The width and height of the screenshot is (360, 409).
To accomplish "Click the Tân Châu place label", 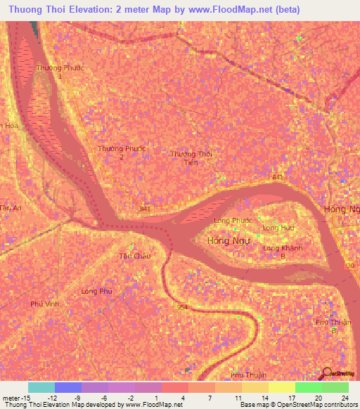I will pos(135,256).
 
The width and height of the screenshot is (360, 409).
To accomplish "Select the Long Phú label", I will pos(96,291).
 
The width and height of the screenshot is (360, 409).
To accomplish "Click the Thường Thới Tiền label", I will pos(191,158).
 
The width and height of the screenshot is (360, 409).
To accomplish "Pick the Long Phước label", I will pos(233,221).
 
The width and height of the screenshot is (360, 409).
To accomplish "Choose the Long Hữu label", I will pos(276,228).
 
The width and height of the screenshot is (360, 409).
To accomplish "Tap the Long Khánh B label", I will pos(278,252).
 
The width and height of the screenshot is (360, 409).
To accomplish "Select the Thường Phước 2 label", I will pos(121,152).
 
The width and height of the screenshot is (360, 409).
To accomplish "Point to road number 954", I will pos(183,307).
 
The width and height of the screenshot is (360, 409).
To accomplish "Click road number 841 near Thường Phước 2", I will pos(145,209).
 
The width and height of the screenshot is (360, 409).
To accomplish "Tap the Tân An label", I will pos(11,208).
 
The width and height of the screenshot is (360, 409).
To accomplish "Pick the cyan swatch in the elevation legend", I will pos(41,387).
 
